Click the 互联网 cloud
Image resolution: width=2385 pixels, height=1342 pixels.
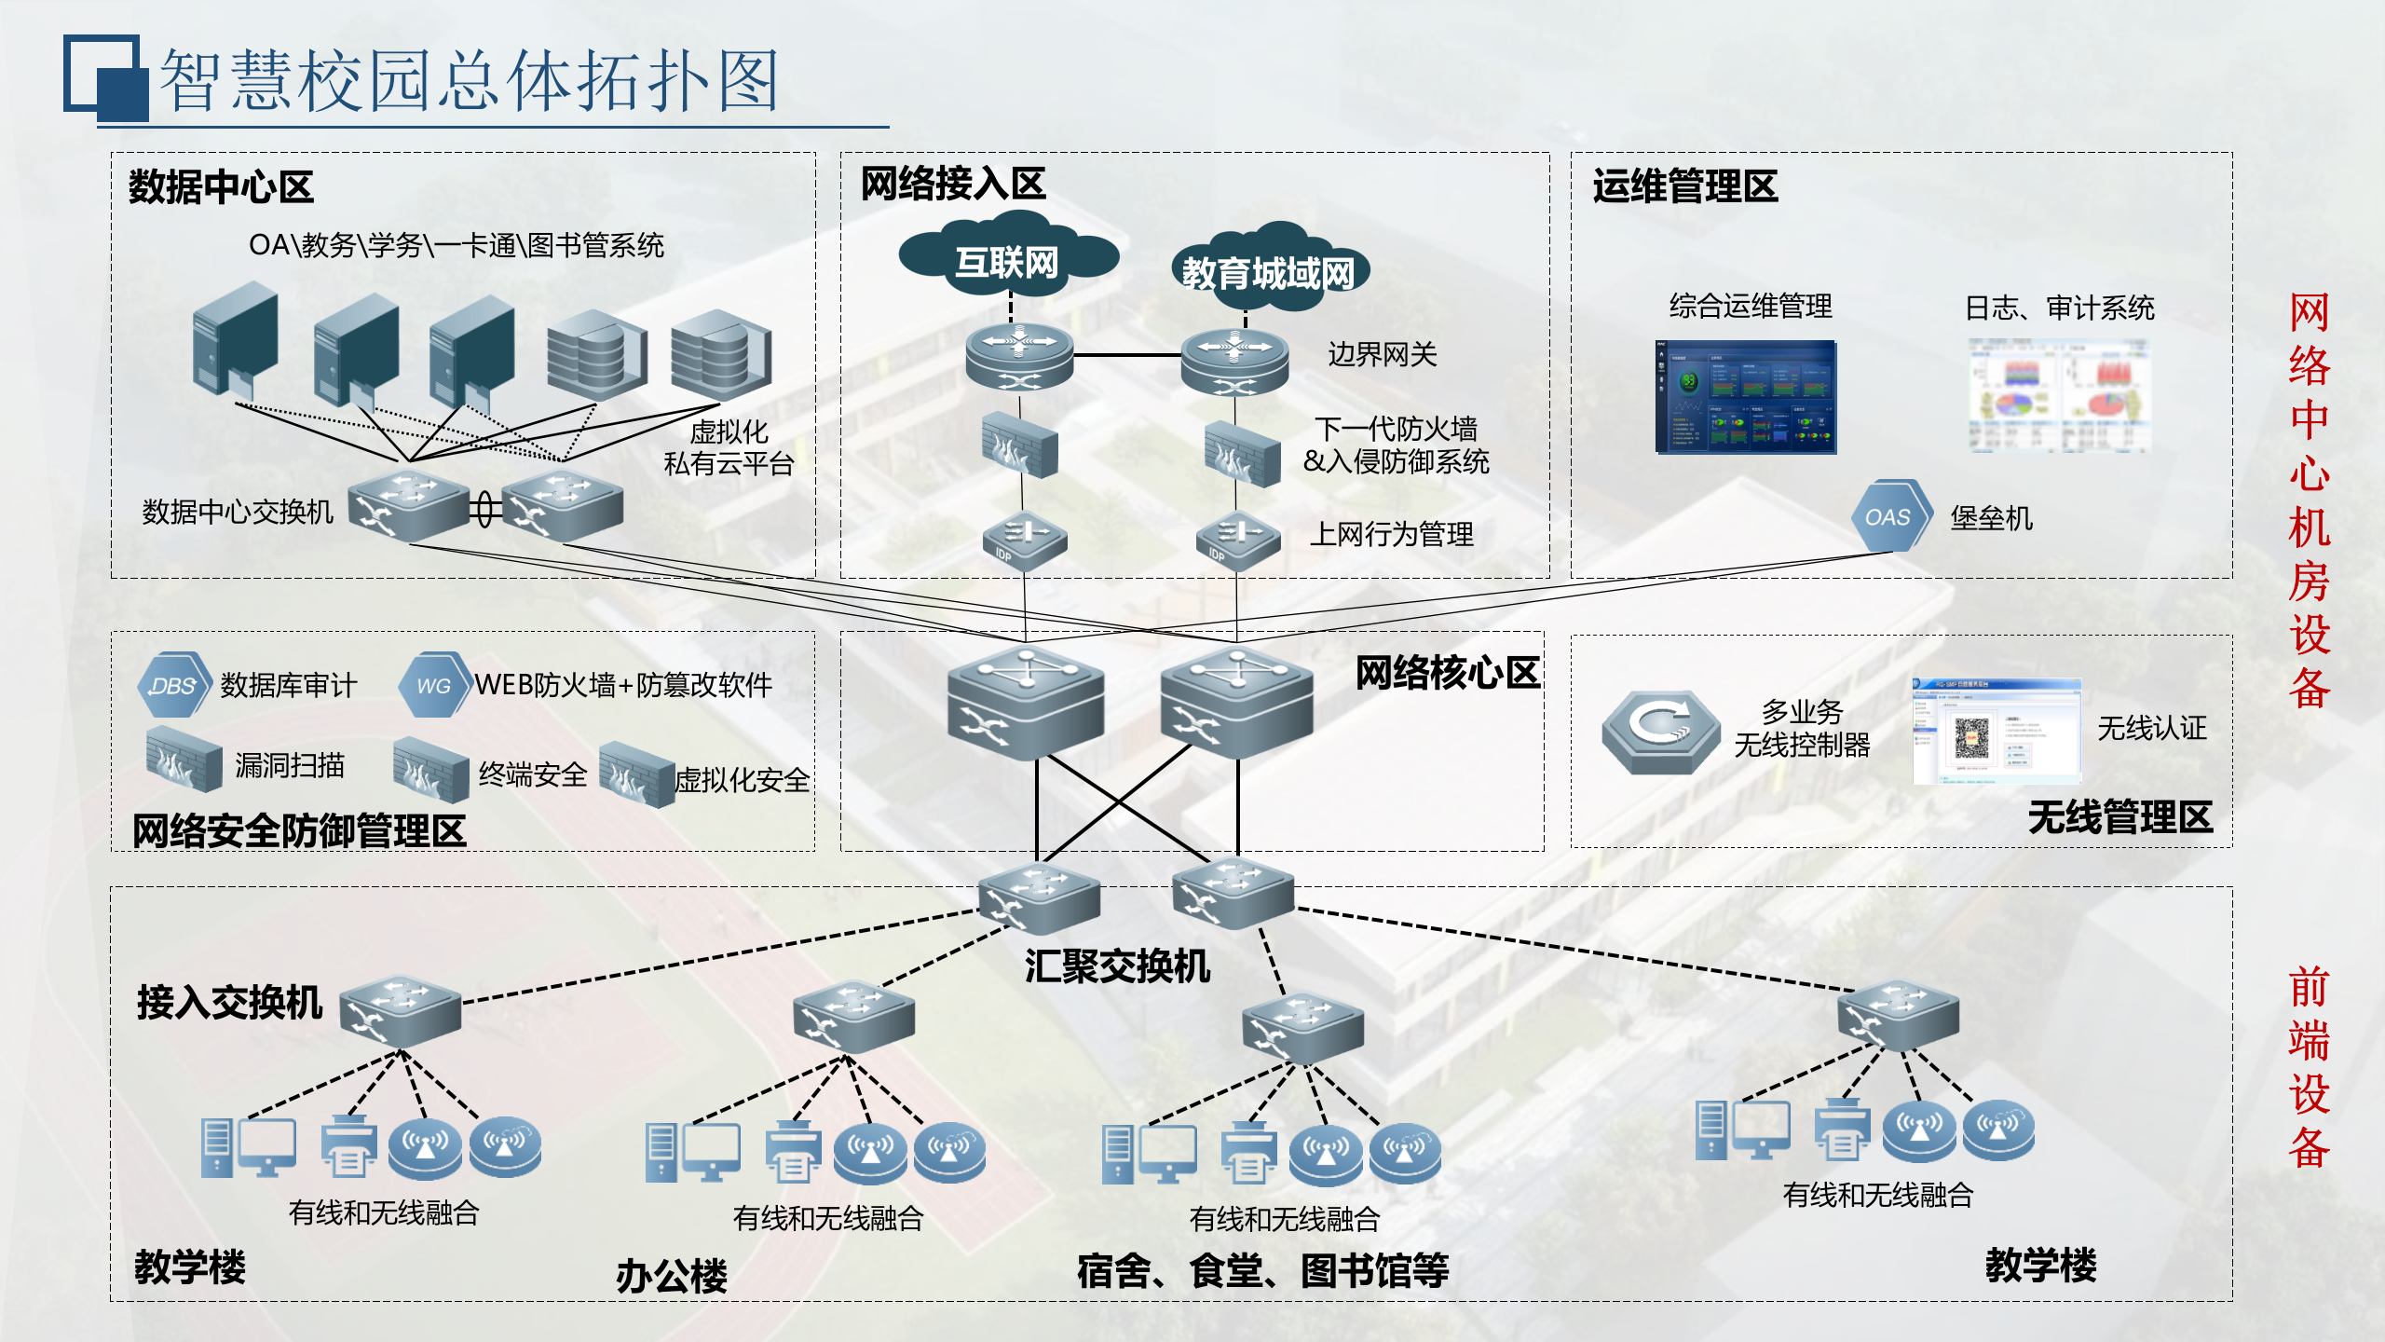pyautogui.click(x=1007, y=260)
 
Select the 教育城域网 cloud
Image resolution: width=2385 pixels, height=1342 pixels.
pyautogui.click(x=1268, y=271)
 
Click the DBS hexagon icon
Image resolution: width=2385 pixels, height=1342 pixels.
pyautogui.click(x=172, y=685)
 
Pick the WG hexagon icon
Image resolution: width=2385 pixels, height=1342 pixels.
pyautogui.click(x=433, y=685)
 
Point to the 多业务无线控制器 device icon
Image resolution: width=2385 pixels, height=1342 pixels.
pyautogui.click(x=1660, y=732)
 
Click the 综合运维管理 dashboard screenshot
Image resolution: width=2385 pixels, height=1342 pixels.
pyautogui.click(x=1745, y=397)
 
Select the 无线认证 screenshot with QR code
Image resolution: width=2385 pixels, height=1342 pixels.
pyautogui.click(x=1996, y=732)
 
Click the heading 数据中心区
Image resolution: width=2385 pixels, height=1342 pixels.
pyautogui.click(x=221, y=186)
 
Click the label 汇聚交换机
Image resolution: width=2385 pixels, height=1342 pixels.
pyautogui.click(x=1117, y=965)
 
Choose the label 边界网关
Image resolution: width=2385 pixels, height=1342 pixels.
pyautogui.click(x=1382, y=354)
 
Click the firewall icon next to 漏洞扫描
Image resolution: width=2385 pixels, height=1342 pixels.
pyautogui.click(x=184, y=760)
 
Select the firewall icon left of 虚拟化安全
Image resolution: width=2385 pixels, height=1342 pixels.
pyautogui.click(x=635, y=774)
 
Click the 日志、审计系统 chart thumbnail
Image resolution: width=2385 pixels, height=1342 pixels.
pyautogui.click(x=2059, y=397)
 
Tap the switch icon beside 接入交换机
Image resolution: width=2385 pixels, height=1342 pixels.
pyautogui.click(x=401, y=1011)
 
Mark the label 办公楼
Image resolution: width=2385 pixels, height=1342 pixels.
pyautogui.click(x=671, y=1275)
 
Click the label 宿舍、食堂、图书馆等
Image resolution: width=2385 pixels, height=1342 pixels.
pyautogui.click(x=1262, y=1270)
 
